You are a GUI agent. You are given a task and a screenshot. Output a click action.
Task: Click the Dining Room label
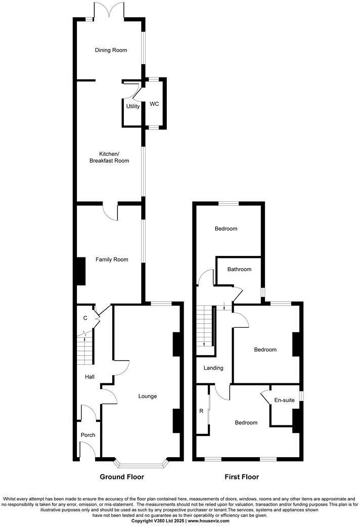[x=111, y=50]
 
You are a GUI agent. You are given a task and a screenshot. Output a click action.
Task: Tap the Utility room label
[x=133, y=106]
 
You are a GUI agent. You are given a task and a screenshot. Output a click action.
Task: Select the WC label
[x=154, y=104]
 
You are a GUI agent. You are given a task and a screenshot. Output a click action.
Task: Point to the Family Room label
[x=112, y=259]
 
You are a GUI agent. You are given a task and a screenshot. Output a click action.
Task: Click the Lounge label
[x=148, y=396]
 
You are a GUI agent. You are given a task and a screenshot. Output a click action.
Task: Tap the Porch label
[x=88, y=435]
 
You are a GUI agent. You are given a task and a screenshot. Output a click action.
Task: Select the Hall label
[x=89, y=377]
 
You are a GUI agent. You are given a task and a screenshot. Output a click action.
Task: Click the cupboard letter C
[x=85, y=318]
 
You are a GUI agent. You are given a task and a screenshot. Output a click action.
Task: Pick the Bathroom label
[x=239, y=269]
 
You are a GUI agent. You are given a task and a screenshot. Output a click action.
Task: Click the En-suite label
[x=284, y=400]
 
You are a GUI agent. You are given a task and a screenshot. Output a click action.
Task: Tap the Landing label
[x=213, y=368]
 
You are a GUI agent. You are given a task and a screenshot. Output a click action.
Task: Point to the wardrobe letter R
[x=201, y=411]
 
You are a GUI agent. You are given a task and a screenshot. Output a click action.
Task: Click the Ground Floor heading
[x=122, y=477]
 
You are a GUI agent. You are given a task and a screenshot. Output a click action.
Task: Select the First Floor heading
[x=242, y=477]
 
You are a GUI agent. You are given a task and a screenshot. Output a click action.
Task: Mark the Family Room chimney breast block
[x=80, y=272]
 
